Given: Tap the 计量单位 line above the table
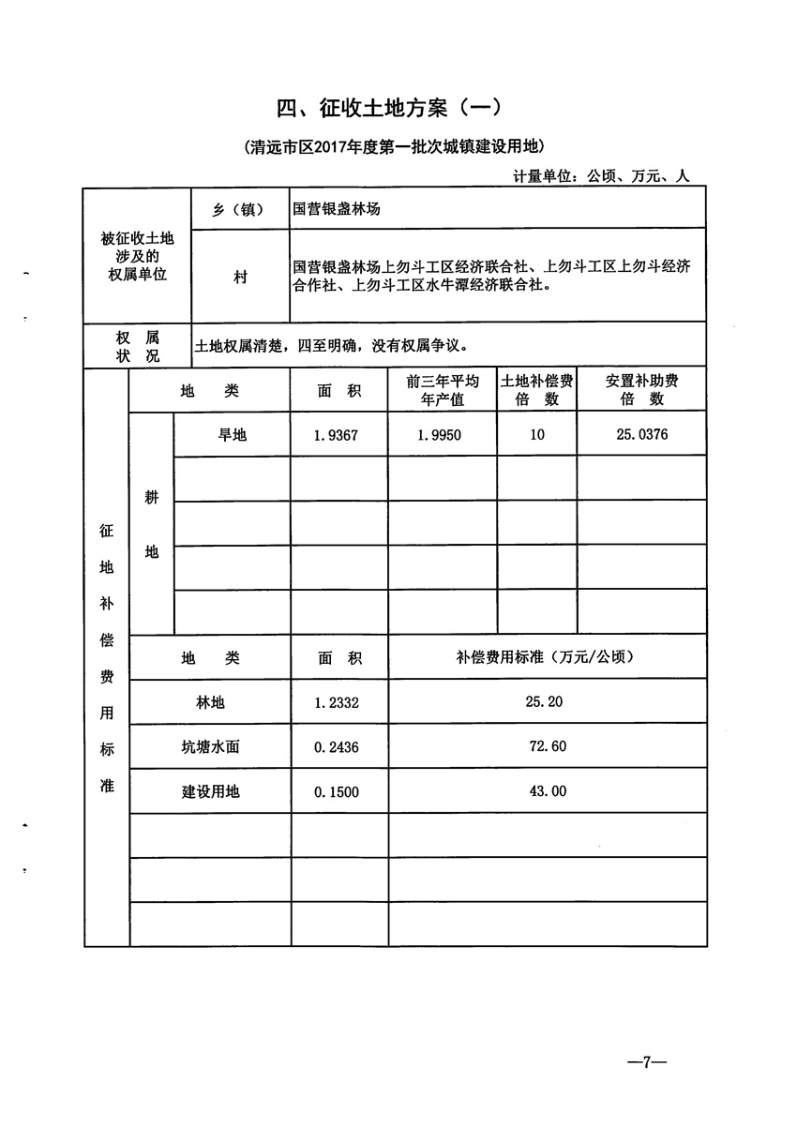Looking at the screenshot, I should point(601,175).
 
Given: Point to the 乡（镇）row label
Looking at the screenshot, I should point(238,209).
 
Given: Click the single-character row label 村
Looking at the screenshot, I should point(240,278).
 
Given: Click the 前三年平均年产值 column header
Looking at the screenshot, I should point(443,390).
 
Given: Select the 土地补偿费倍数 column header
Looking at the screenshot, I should point(537,390).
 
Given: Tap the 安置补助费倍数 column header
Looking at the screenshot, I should point(641,390).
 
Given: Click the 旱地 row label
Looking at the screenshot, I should point(232,435).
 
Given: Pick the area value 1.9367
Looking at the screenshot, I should point(338,435).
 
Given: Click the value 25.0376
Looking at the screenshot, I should point(641,435).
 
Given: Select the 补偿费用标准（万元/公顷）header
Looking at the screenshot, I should point(548,657).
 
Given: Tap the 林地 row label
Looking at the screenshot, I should point(210,702).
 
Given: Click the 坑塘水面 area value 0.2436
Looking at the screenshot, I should point(338,747).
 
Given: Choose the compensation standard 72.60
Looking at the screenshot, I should point(548,747).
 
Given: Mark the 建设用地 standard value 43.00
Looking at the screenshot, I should point(548,791).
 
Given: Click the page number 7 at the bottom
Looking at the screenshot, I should point(646,1061).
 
